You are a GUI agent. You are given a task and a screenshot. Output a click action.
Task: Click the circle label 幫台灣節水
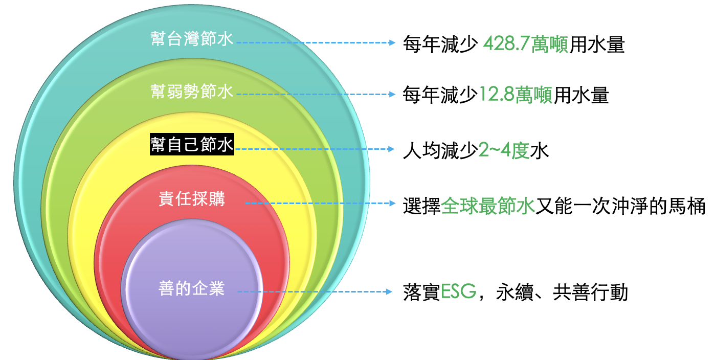pos(192,39)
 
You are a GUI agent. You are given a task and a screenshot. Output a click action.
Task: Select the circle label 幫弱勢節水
pos(192,92)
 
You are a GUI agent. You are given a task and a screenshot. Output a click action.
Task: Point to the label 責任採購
pos(192,199)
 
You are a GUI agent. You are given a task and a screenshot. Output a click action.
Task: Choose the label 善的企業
pos(192,288)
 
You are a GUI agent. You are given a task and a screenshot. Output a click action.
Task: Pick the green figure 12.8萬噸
pos(516,96)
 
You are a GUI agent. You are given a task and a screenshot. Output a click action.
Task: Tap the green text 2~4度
pos(503,151)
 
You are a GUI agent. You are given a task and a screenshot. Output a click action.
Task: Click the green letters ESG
pos(458,293)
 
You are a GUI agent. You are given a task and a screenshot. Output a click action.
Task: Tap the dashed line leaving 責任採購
pos(317,203)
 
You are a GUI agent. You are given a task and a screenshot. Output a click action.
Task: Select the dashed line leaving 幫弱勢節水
pos(312,95)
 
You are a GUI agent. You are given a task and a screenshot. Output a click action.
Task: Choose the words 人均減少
pos(440,151)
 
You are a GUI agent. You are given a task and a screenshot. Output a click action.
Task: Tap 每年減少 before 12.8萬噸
pos(440,96)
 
